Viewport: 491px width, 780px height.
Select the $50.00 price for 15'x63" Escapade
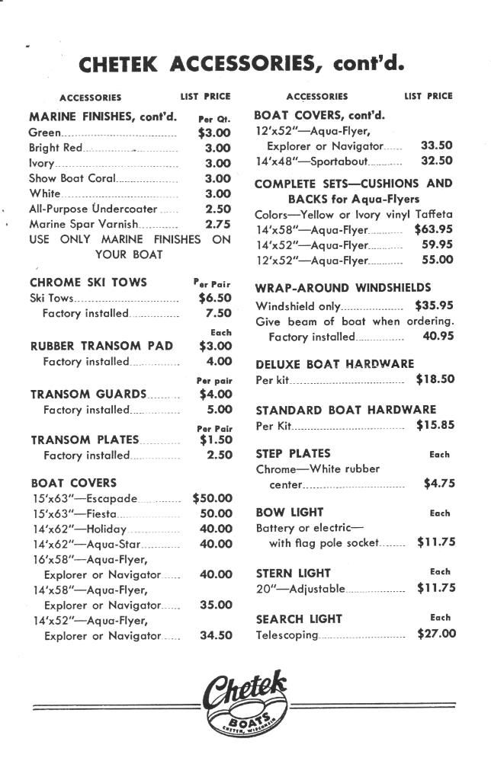click(x=212, y=498)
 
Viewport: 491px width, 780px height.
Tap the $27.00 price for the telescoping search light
click(x=436, y=633)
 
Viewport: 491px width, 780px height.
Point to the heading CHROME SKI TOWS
click(x=88, y=282)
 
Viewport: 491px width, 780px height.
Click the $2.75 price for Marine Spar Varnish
click(x=217, y=224)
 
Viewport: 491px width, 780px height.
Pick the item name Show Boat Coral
click(x=72, y=178)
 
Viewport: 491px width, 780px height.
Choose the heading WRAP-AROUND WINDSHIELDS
click(x=342, y=288)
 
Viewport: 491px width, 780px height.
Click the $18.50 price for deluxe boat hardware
click(x=435, y=379)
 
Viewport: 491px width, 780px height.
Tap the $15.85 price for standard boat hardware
click(x=435, y=425)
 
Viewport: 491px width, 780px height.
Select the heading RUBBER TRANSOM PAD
click(x=101, y=346)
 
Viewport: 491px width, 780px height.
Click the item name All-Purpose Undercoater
click(x=93, y=209)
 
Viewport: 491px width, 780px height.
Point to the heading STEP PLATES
click(x=293, y=453)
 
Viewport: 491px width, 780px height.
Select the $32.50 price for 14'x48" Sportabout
click(x=437, y=161)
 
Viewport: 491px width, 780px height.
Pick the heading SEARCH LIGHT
click(x=299, y=619)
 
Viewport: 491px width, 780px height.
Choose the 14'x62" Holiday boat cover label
click(x=79, y=529)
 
